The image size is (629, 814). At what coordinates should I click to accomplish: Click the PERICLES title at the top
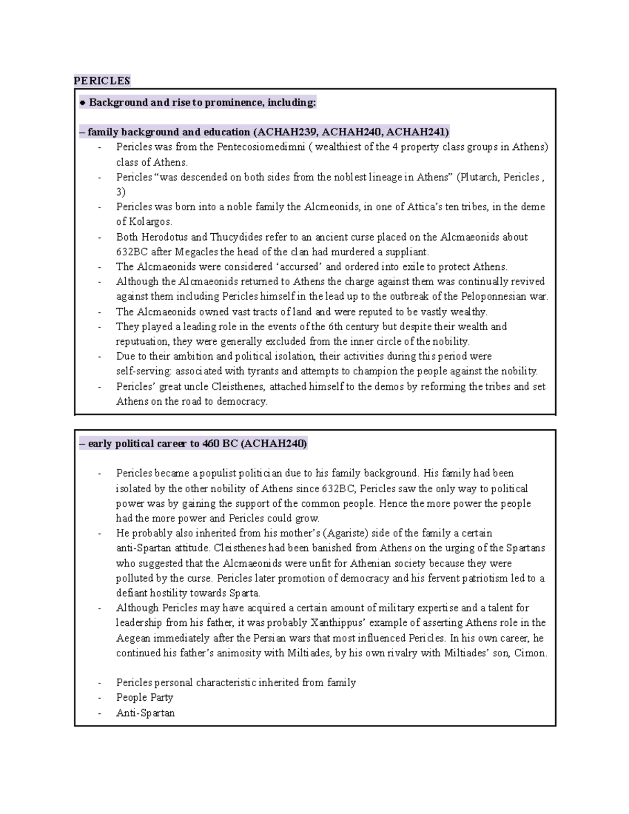tap(102, 81)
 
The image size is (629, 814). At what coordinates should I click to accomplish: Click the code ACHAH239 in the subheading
tap(285, 132)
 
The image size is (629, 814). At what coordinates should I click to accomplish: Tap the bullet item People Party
tap(145, 698)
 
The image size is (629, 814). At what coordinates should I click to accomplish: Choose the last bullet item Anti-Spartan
tap(145, 713)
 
